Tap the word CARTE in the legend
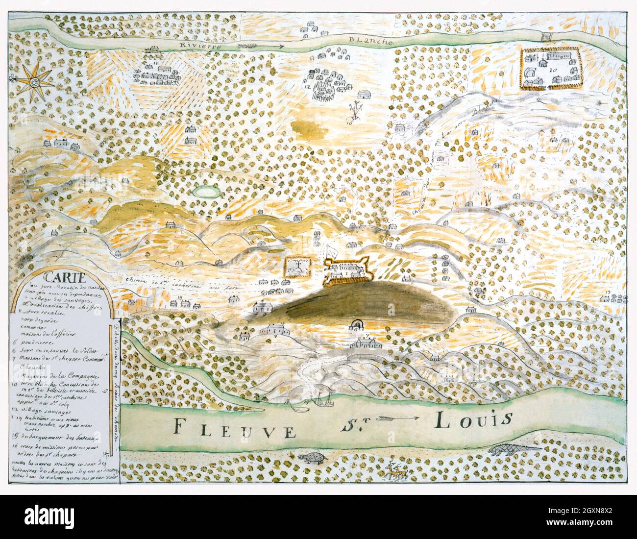pyautogui.click(x=47, y=274)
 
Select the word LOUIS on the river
pyautogui.click(x=473, y=419)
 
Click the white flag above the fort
pyautogui.click(x=332, y=249)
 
